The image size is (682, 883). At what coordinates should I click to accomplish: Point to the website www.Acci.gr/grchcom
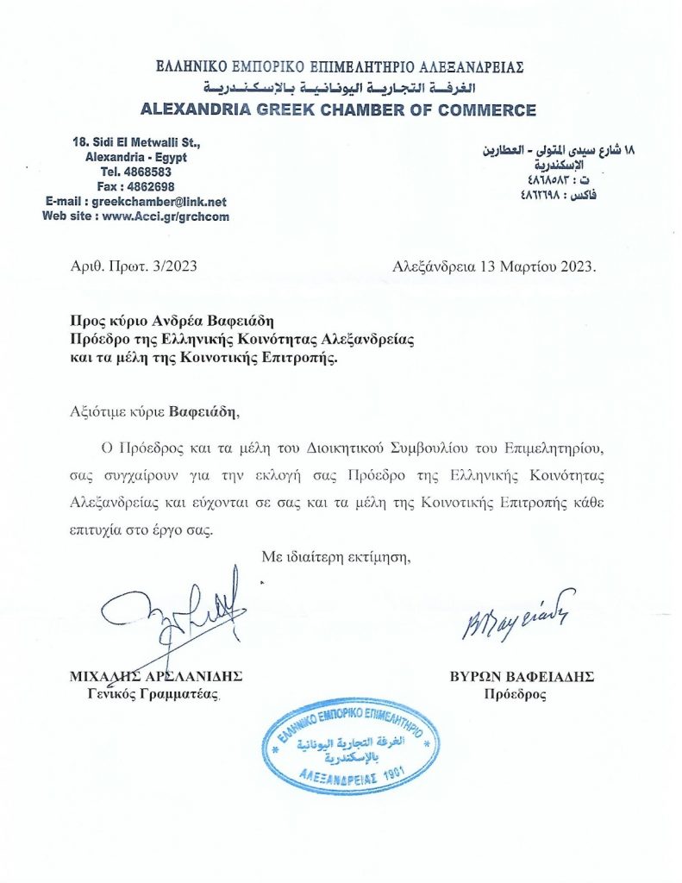point(166,216)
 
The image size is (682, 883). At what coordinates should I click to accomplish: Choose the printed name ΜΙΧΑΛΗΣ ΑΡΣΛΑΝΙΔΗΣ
point(155,676)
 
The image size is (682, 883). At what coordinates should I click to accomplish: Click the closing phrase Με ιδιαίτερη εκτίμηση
point(335,558)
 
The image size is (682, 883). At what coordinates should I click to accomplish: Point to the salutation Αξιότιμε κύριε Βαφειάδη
point(152,409)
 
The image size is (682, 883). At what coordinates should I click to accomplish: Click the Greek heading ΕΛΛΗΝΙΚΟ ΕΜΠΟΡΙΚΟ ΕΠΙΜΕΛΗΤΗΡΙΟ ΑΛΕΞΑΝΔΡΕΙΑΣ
point(340,67)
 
